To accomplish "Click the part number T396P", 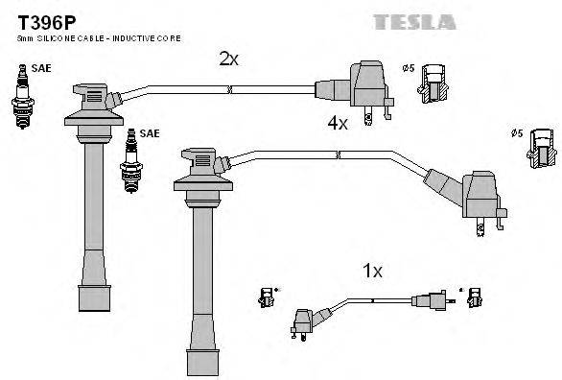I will tap(37, 18).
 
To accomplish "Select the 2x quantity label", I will tap(227, 59).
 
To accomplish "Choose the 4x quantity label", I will tap(337, 124).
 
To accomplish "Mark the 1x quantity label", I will tap(372, 272).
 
